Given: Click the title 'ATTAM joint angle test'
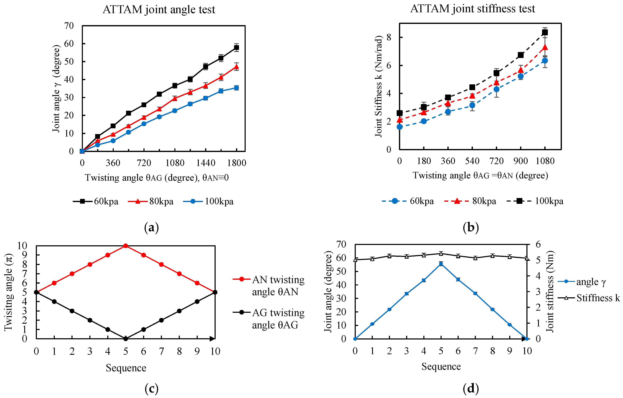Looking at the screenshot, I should pyautogui.click(x=159, y=10).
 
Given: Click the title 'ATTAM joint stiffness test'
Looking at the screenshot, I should pyautogui.click(x=472, y=9).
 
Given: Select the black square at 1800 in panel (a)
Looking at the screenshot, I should pyautogui.click(x=236, y=47).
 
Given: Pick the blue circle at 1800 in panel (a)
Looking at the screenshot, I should pyautogui.click(x=236, y=88).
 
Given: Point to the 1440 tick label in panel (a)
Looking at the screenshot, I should pyautogui.click(x=206, y=163).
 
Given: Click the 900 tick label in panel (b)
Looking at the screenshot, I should pyautogui.click(x=521, y=161).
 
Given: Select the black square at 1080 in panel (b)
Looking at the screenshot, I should pyautogui.click(x=545, y=32).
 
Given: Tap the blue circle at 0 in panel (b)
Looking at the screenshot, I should pyautogui.click(x=400, y=127).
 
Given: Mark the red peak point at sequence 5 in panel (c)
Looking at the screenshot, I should pyautogui.click(x=126, y=246).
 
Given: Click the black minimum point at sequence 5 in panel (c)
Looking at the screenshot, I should pyautogui.click(x=126, y=339).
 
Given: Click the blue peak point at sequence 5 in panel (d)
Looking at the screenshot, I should pyautogui.click(x=441, y=264).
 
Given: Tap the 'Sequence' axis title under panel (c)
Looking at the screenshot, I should pyautogui.click(x=126, y=368).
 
